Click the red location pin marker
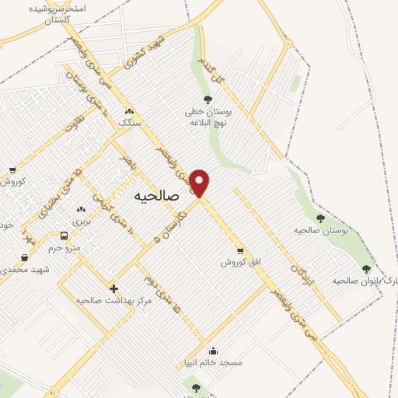click(200, 182)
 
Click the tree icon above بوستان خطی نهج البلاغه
click(207, 99)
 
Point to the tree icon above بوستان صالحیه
click(320, 218)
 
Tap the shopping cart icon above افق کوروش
click(239, 250)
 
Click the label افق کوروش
click(238, 263)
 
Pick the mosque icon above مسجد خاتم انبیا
click(214, 350)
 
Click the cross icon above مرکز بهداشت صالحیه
click(113, 288)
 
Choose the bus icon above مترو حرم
click(65, 236)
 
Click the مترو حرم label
click(65, 247)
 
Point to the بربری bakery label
click(81, 222)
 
